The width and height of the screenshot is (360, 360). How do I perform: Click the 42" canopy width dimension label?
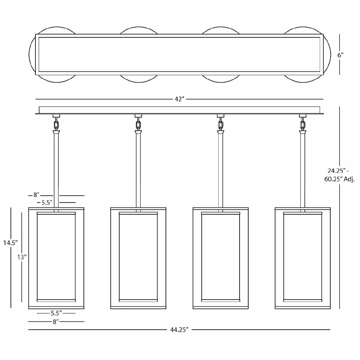coord(179,99)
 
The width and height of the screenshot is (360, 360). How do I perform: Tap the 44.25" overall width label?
coord(179,330)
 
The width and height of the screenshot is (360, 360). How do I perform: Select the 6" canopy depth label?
coord(340,55)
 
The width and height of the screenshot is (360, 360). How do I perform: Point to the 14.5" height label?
coord(11,243)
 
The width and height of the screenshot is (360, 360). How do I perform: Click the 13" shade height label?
coord(22,257)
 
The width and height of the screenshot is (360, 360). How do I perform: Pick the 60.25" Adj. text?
coord(340,179)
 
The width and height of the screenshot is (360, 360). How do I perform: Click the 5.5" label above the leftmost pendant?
coord(47,203)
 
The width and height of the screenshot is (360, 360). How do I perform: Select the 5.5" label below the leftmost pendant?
coord(56,313)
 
